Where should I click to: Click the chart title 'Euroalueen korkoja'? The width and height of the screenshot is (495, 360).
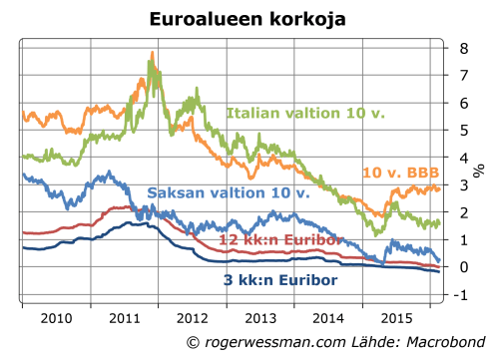247,19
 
